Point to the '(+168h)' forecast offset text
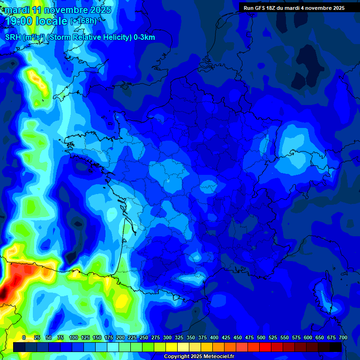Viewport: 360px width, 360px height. (83, 21)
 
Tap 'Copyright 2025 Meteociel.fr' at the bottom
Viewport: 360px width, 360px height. (198, 357)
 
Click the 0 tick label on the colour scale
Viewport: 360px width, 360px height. (24, 337)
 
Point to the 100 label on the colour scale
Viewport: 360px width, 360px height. (74, 337)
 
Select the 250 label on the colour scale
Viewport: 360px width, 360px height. (144, 337)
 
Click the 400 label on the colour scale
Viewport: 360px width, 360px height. (214, 337)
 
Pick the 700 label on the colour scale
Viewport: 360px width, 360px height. (343, 337)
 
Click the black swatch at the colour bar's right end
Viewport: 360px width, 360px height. (336, 347)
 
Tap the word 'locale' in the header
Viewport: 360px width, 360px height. (52, 21)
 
